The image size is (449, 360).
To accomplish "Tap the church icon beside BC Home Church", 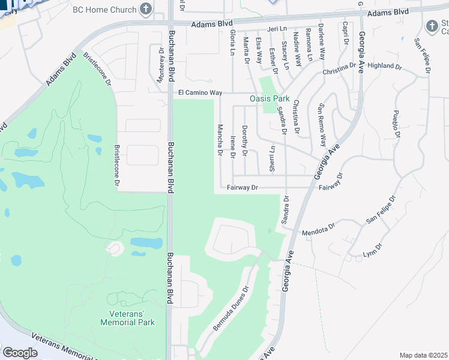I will tap(145, 9).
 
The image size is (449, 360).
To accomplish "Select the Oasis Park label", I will tap(270, 99).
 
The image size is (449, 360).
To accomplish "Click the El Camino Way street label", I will tap(200, 93).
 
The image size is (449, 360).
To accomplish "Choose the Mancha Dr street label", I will tap(220, 140).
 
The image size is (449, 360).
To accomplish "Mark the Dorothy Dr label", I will tap(244, 140).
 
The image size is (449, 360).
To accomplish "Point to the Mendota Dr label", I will tap(318, 231).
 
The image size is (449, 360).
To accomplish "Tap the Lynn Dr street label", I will tap(372, 251).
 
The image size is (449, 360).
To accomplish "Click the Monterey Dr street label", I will tap(161, 60).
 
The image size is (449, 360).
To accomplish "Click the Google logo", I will tap(20, 352).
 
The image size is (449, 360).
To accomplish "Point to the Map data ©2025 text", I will tap(423, 355).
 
